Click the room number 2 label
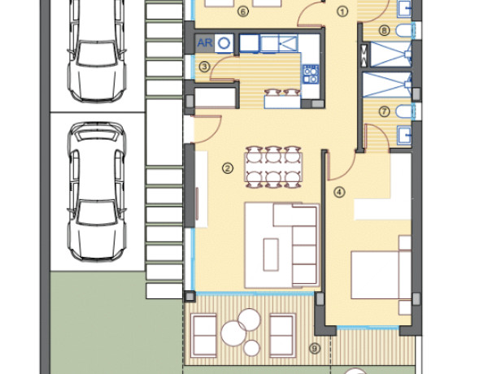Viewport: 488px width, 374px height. [x=228, y=168]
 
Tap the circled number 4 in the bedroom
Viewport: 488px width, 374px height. [x=339, y=192]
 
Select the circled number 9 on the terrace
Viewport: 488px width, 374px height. [x=315, y=349]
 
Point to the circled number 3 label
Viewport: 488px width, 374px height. [x=204, y=67]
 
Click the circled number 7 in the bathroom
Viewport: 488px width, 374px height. [x=385, y=111]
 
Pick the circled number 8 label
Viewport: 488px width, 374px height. [x=385, y=31]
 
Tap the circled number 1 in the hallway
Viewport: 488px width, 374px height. [x=342, y=12]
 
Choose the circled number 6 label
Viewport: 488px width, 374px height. [x=242, y=12]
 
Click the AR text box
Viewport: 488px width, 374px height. [x=205, y=43]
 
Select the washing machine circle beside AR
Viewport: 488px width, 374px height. [x=224, y=43]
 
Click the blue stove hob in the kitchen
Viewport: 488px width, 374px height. [x=311, y=74]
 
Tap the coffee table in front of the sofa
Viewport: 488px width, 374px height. [x=271, y=254]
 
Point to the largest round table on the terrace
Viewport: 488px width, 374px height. [x=233, y=333]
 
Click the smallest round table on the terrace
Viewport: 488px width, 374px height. [x=251, y=348]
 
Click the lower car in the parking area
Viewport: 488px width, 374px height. [x=97, y=191]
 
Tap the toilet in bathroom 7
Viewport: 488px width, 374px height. [x=405, y=111]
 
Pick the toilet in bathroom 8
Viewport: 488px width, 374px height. [x=405, y=31]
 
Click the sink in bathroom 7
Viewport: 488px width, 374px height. [x=404, y=135]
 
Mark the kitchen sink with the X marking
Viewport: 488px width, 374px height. [x=288, y=43]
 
